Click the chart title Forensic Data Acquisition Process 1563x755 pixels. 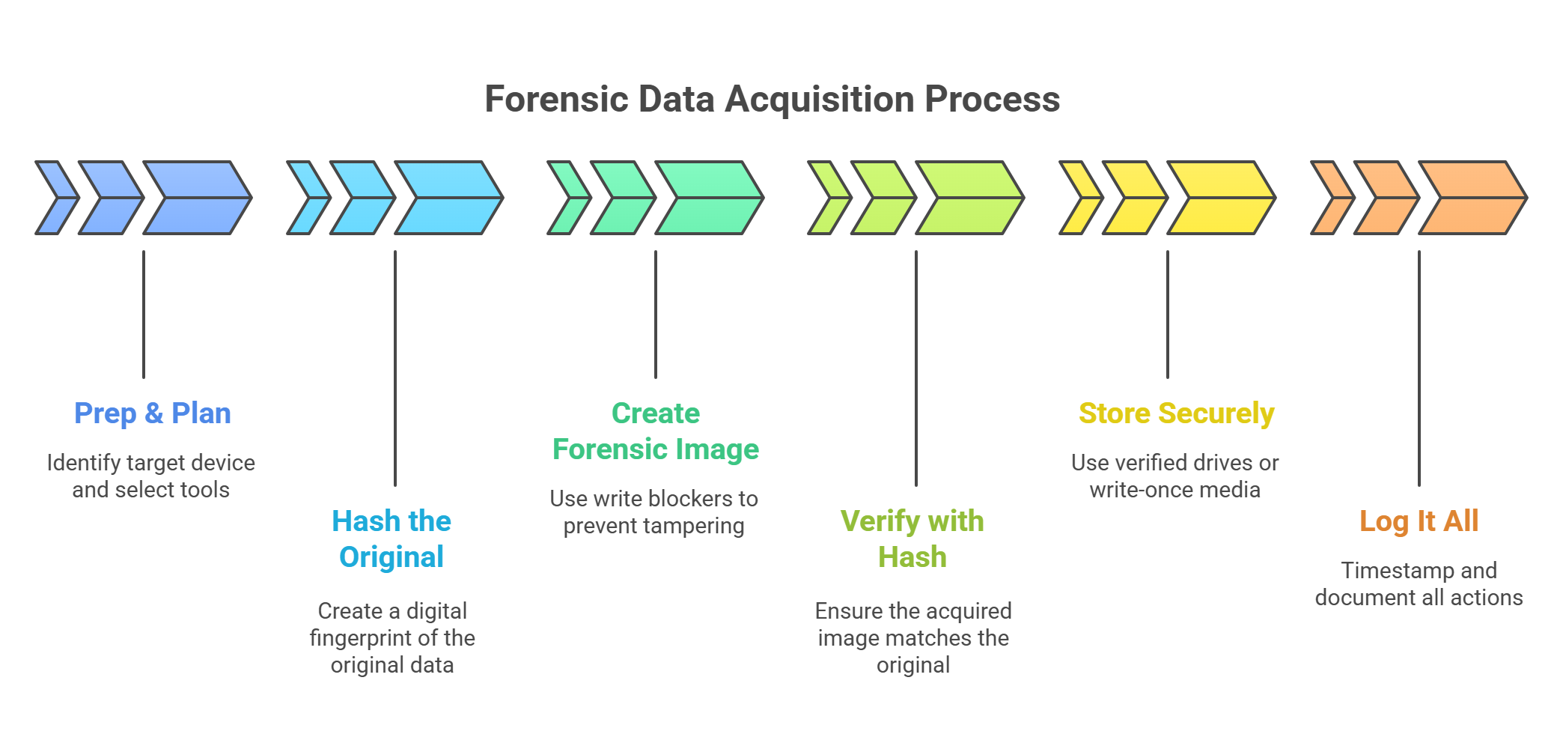pyautogui.click(x=772, y=100)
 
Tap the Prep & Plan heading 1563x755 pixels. pyautogui.click(x=153, y=413)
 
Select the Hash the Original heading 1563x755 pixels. pyautogui.click(x=391, y=539)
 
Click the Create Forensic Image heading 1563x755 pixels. pyautogui.click(x=656, y=431)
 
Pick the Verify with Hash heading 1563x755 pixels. pyautogui.click(x=912, y=539)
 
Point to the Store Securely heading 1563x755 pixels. pyautogui.click(x=1176, y=413)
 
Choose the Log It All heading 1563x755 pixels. pyautogui.click(x=1419, y=521)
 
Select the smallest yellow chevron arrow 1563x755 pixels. pyautogui.click(x=1078, y=198)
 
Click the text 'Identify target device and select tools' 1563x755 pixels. pyautogui.click(x=151, y=476)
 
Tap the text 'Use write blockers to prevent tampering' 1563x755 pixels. pyautogui.click(x=654, y=512)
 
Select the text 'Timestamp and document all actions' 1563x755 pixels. pyautogui.click(x=1419, y=584)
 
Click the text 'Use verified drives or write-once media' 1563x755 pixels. pyautogui.click(x=1175, y=476)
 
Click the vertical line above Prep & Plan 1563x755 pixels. pyautogui.click(x=144, y=315)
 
